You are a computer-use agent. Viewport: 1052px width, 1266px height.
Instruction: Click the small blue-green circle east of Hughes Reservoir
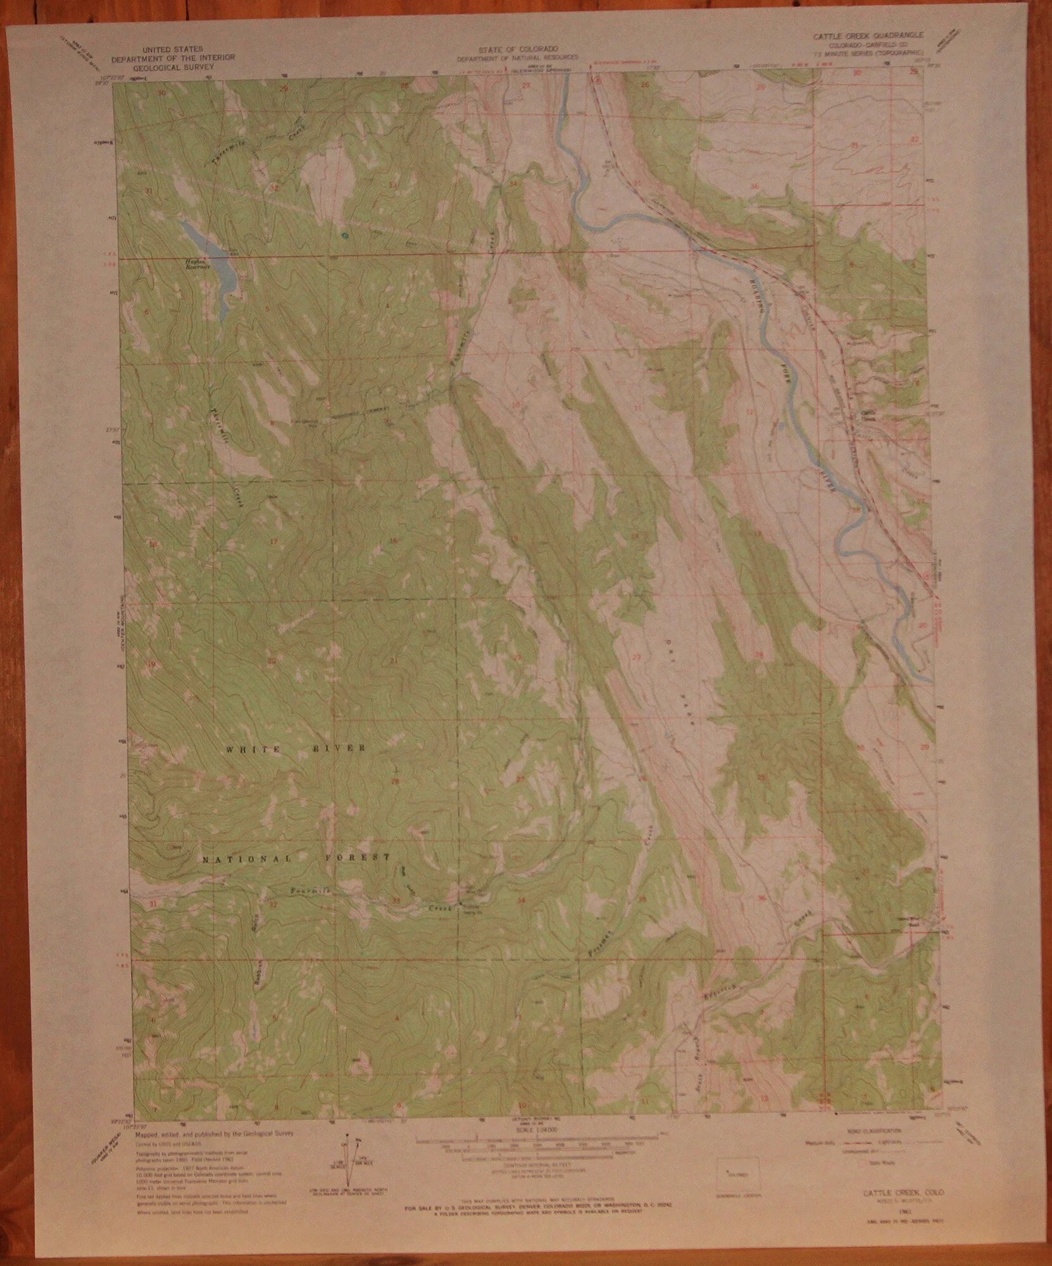[344, 235]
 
